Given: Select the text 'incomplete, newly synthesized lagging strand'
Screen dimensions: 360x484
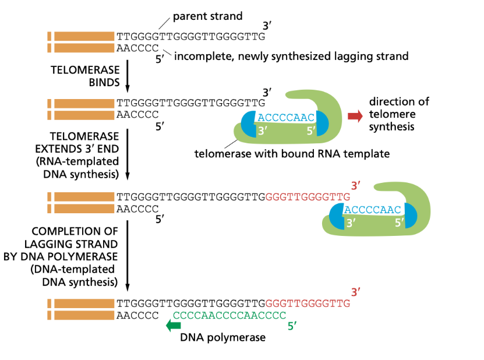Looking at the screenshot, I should tap(291, 57).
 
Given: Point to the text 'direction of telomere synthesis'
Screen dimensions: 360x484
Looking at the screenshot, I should tap(398, 114).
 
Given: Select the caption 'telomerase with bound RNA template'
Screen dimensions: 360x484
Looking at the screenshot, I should tap(292, 154).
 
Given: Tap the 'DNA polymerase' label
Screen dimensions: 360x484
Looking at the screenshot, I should tap(222, 337).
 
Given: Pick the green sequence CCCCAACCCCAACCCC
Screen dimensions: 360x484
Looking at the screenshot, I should tap(229, 315).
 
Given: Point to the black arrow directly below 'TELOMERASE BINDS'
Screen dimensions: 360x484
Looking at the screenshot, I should tap(127, 76).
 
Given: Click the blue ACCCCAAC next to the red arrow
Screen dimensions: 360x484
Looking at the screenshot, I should tap(285, 118).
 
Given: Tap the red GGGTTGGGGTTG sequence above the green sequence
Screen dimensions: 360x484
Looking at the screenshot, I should tap(308, 303).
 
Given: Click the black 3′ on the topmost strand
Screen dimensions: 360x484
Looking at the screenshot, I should tap(267, 26).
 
